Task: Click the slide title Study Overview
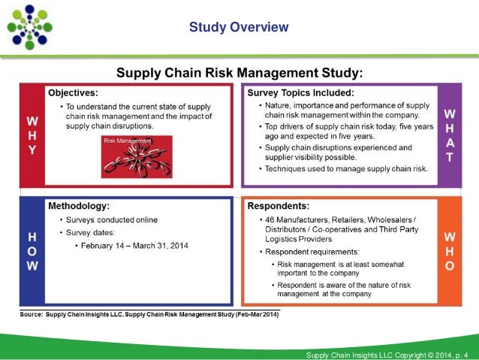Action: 239,28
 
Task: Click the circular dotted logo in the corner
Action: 31,27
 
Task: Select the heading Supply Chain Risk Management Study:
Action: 239,72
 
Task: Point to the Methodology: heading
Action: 78,204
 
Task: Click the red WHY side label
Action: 32,135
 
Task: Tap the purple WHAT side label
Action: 449,135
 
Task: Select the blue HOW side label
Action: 32,251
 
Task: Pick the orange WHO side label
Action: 449,252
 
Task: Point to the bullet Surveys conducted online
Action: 108,219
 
